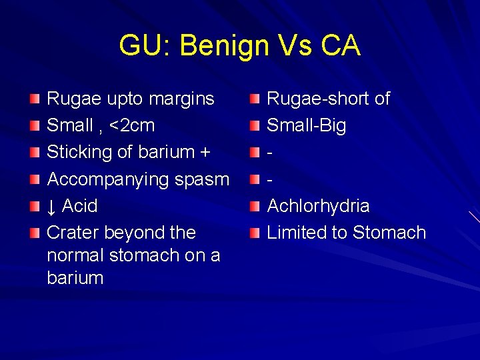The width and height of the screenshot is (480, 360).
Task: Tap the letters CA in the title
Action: (340, 46)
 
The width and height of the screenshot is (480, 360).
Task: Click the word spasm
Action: (202, 179)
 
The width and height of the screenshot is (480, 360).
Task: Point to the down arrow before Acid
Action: (51, 206)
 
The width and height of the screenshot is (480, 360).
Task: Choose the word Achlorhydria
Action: (318, 206)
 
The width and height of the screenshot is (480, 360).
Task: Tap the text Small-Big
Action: (306, 126)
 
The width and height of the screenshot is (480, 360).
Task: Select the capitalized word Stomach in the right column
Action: (389, 233)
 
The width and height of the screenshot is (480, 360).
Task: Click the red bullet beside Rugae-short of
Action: (255, 99)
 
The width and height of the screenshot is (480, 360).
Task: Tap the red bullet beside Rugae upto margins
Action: (35, 99)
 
